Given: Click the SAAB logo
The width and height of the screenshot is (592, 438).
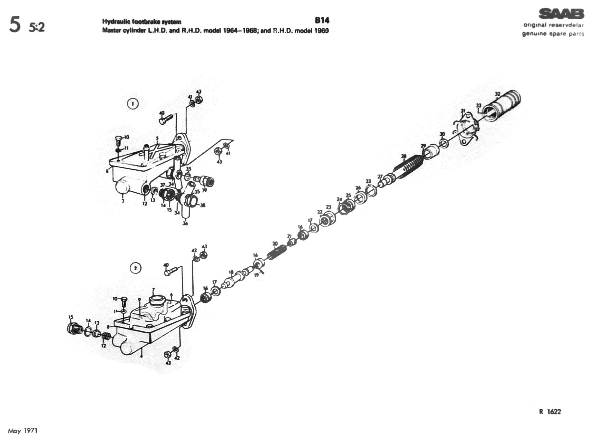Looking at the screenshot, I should [561, 14].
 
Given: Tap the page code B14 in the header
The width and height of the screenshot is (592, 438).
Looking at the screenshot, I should [322, 20].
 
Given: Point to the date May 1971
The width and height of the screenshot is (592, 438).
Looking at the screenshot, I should [23, 431].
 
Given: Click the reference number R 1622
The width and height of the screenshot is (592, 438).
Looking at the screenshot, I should [550, 412].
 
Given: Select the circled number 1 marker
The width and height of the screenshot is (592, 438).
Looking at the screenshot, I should [133, 104].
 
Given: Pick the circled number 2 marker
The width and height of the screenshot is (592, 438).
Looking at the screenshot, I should [135, 268].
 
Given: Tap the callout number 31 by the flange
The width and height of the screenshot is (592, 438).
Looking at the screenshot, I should [463, 111].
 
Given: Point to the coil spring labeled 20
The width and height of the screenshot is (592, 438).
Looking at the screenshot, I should [276, 252].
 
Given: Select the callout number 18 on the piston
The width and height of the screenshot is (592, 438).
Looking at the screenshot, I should [231, 272].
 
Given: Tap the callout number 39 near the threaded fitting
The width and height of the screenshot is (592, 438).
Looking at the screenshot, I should [204, 190].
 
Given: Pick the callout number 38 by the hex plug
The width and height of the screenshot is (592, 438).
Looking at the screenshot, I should [203, 205].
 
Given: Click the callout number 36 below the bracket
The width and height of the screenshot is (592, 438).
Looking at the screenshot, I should [185, 223].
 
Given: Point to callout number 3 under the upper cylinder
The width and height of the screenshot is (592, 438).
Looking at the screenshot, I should [123, 201].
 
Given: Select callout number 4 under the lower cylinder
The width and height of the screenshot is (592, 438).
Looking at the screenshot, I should [141, 356].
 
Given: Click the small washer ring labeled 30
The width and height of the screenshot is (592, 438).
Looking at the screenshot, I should [443, 142].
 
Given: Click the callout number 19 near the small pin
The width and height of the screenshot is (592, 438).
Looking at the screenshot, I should [256, 275].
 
